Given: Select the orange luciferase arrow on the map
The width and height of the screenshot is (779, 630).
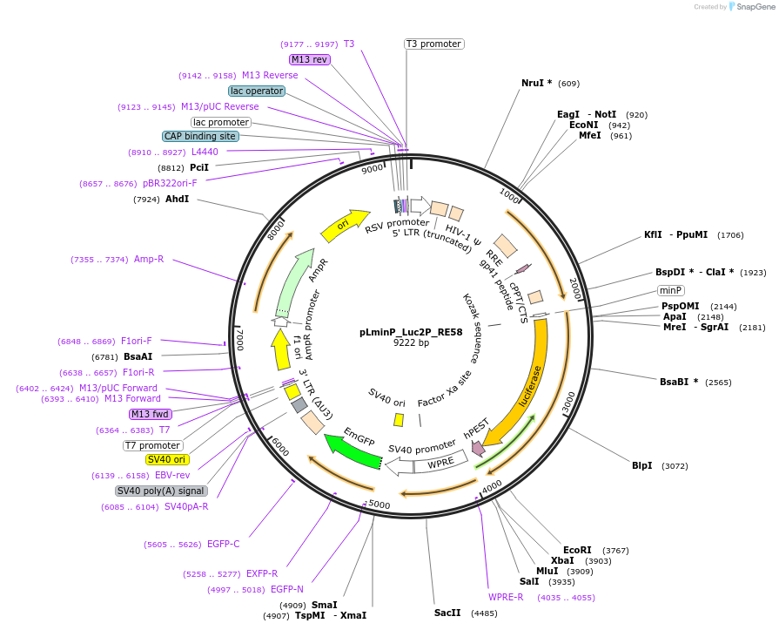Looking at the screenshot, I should (x=525, y=383).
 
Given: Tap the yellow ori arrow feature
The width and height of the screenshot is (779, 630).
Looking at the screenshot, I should (x=345, y=225).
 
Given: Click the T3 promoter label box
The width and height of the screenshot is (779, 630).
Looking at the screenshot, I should (x=433, y=44).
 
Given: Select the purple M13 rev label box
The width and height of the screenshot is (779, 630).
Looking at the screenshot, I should (x=310, y=59).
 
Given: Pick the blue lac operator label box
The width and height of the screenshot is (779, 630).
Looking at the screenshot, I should (x=257, y=91).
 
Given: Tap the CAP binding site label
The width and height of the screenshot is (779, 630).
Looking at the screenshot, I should (x=200, y=136).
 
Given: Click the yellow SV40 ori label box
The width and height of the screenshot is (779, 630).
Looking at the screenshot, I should (x=167, y=459).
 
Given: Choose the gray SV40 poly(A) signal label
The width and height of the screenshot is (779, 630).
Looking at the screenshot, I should (x=161, y=491).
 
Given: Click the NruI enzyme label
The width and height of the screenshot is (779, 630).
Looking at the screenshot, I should (x=536, y=83).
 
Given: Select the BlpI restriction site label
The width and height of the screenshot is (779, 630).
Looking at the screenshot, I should (x=641, y=465).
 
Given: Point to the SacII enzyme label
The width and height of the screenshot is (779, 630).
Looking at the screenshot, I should (x=448, y=613).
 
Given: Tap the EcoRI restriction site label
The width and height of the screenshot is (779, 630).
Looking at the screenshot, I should (x=577, y=550).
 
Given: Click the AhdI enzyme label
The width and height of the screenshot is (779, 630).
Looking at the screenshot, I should (x=177, y=199).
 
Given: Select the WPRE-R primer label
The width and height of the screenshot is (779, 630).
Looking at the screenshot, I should (x=506, y=597).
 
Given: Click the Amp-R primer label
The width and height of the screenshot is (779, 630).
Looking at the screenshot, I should (x=149, y=259).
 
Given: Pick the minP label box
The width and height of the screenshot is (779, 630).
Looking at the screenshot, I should (x=670, y=290).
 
